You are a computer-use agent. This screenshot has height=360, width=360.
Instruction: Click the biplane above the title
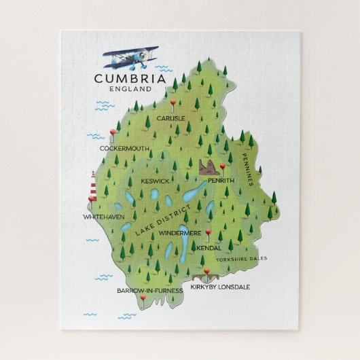point(130,58)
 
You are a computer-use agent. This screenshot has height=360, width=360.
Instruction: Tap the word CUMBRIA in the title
point(130,79)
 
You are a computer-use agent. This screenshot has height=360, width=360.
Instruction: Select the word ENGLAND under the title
point(129,89)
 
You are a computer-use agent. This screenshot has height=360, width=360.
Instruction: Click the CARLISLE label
point(170,118)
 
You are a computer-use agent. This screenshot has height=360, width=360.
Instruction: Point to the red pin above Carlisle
point(173,104)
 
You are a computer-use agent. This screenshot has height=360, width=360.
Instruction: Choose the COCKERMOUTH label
point(124,147)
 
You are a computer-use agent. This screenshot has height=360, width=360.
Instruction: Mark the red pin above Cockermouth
point(113,133)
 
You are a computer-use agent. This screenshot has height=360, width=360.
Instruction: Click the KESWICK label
point(155,181)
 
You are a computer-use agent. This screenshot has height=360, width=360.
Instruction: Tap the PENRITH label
point(221,180)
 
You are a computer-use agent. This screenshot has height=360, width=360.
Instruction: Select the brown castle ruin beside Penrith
point(211,167)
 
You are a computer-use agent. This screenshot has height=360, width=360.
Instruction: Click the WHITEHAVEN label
point(103,216)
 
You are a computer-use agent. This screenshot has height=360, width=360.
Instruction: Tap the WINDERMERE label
point(179,232)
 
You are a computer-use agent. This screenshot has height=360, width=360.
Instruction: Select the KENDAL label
point(209,248)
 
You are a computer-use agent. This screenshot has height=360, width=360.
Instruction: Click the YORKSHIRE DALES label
point(242,259)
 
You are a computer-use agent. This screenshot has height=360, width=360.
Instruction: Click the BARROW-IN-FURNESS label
point(149,290)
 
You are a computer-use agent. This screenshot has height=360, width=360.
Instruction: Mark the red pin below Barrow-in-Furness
point(143,298)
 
